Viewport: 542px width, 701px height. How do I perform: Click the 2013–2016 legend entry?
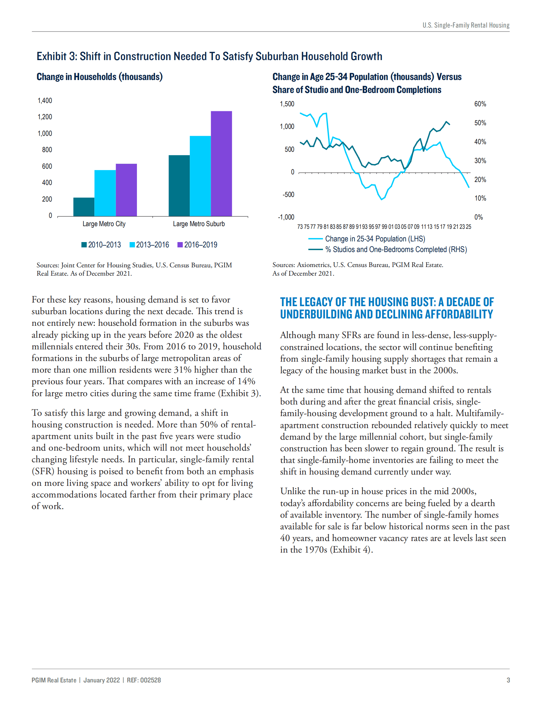pos(149,245)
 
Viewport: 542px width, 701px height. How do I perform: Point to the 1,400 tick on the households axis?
pos(45,101)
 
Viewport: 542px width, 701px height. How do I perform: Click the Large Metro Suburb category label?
pos(199,224)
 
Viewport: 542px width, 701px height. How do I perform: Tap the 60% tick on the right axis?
pos(480,104)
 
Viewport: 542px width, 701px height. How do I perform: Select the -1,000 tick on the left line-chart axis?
pos(286,217)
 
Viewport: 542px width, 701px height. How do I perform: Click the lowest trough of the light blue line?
pos(381,199)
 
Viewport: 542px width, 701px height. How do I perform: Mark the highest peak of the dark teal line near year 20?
pos(446,122)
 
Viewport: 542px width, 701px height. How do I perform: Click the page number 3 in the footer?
pos(508,680)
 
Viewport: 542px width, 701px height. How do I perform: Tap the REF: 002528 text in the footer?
pos(144,680)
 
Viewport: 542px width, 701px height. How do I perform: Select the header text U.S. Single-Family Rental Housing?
pos(466,25)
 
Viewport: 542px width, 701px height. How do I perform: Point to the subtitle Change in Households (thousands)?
pos(99,77)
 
